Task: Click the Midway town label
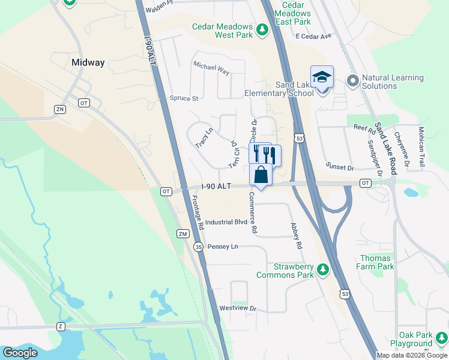88,62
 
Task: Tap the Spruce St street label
184,98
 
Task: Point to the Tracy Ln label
204,138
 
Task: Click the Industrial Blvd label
226,222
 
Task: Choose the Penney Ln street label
222,247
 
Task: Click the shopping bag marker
261,175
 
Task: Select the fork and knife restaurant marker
264,154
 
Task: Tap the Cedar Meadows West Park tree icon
262,29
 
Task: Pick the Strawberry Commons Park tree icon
323,271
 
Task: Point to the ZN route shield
59,109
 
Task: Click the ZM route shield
183,233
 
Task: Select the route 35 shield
199,247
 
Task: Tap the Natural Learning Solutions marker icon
352,80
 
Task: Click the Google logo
20,353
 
